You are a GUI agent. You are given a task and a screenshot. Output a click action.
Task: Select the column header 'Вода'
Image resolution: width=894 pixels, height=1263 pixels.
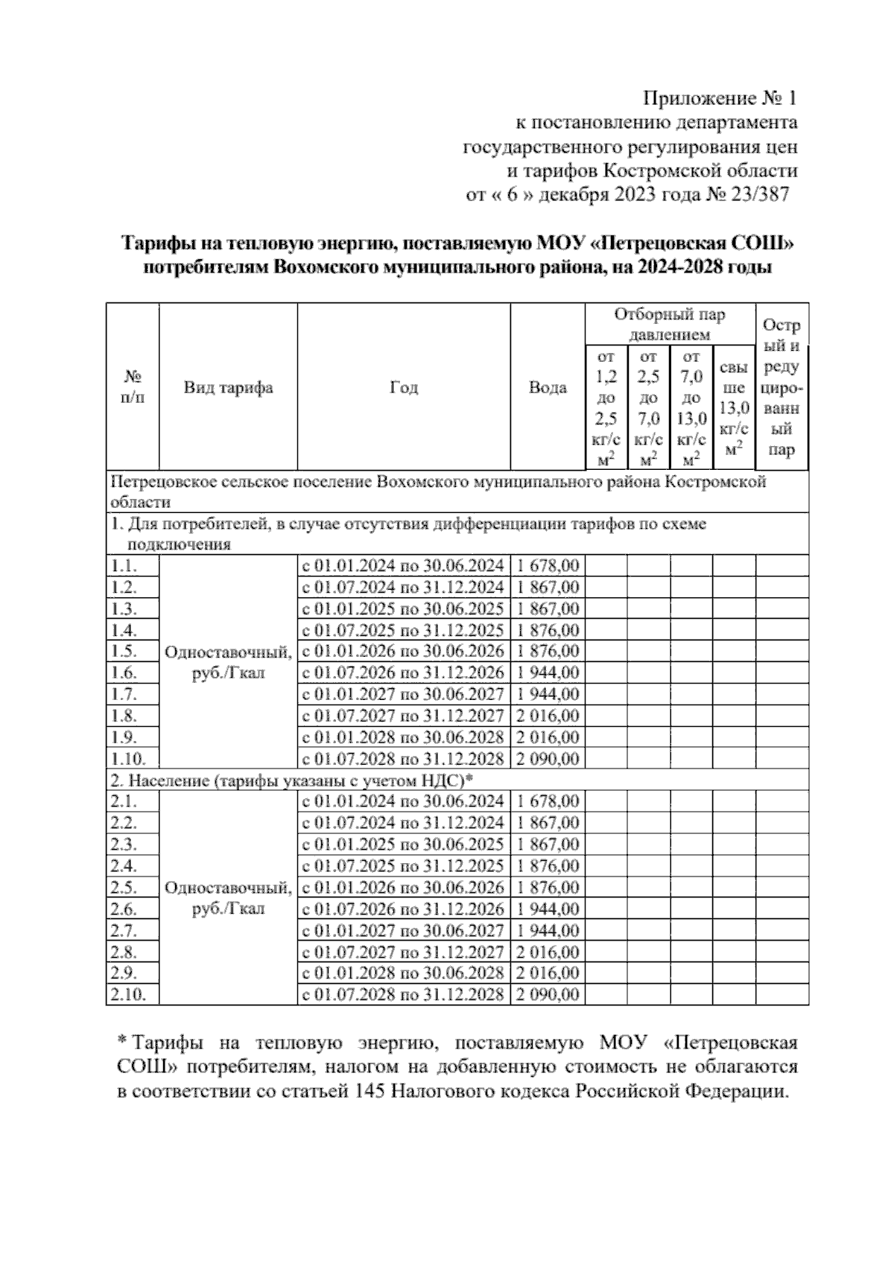click(x=547, y=387)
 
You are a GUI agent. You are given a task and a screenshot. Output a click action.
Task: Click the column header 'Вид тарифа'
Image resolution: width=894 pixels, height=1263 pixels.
click(x=228, y=387)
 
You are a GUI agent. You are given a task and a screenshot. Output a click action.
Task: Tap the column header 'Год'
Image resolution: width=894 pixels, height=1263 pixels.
click(x=404, y=387)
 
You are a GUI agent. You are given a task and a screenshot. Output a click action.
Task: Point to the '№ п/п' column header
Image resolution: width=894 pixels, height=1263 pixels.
click(x=132, y=387)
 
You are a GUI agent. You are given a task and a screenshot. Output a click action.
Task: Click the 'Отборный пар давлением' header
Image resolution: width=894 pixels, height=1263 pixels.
click(x=669, y=325)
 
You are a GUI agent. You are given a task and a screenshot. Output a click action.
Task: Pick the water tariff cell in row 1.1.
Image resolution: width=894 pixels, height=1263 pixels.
click(x=547, y=566)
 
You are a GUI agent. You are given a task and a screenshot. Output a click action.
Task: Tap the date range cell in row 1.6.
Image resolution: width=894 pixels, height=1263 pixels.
click(x=403, y=673)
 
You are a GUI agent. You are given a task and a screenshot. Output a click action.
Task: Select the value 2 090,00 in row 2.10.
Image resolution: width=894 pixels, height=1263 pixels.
click(x=547, y=995)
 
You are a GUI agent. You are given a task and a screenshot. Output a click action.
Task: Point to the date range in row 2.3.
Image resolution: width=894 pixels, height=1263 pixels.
click(x=403, y=844)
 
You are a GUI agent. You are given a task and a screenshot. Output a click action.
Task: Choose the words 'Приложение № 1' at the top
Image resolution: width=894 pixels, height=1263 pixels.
click(x=720, y=98)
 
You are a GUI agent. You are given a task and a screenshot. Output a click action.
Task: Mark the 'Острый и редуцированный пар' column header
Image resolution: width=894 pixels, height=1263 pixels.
click(x=782, y=387)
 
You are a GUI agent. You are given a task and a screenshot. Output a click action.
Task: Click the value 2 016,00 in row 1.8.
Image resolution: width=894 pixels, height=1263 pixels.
click(x=547, y=716)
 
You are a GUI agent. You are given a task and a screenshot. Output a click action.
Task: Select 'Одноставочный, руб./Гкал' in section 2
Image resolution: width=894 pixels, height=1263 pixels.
click(x=228, y=897)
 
